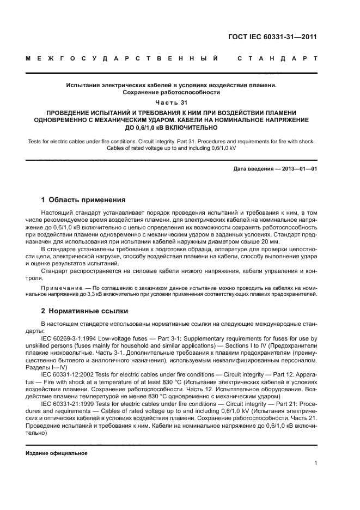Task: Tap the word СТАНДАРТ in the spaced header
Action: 277,58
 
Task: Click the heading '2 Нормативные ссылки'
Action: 84,311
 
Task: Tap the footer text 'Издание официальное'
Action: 57,453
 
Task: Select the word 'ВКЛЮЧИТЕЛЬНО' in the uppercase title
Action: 188,128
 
